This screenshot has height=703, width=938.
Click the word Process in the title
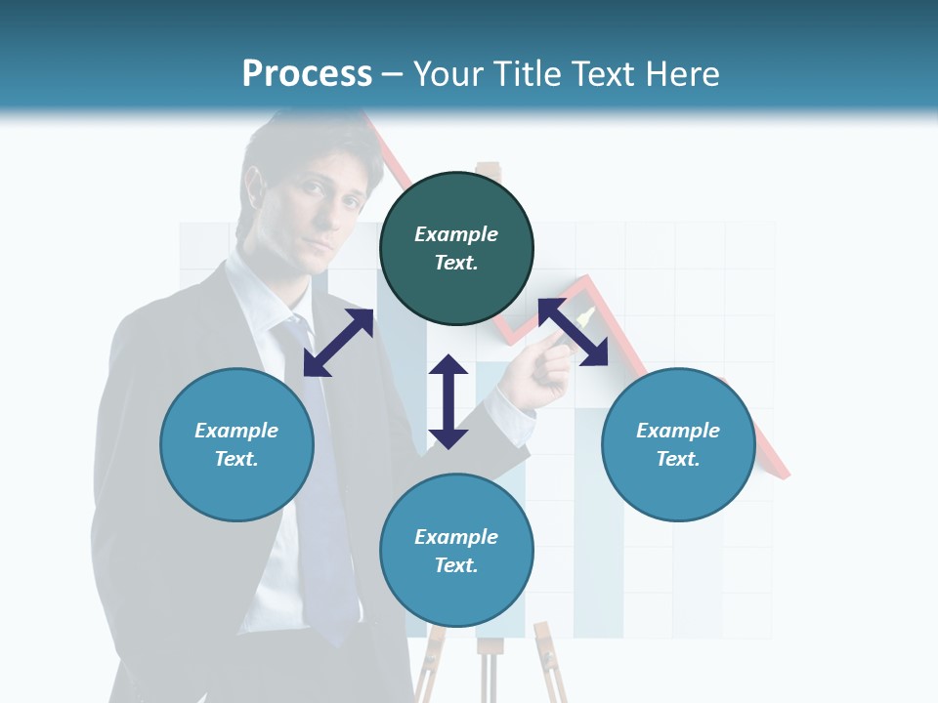pos(307,74)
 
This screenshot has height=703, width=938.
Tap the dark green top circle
pos(456,248)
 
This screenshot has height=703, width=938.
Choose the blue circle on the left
pos(236,444)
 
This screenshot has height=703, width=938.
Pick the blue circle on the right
pos(678,444)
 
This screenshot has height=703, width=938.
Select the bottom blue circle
pos(456,551)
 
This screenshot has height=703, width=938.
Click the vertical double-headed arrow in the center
pos(448,401)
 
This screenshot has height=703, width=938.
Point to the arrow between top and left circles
pos(338,343)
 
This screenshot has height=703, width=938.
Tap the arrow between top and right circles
pos(573,332)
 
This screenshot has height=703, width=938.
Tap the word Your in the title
pos(448,74)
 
